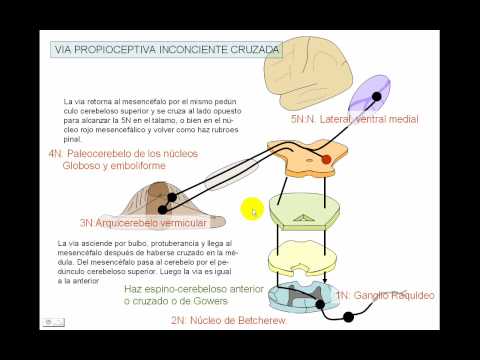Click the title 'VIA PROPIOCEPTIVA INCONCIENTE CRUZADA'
coord(166,49)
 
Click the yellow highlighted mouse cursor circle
coord(251,210)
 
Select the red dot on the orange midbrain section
coord(325,159)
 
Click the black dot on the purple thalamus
coord(377,97)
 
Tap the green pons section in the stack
coord(304,211)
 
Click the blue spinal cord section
coord(304,299)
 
